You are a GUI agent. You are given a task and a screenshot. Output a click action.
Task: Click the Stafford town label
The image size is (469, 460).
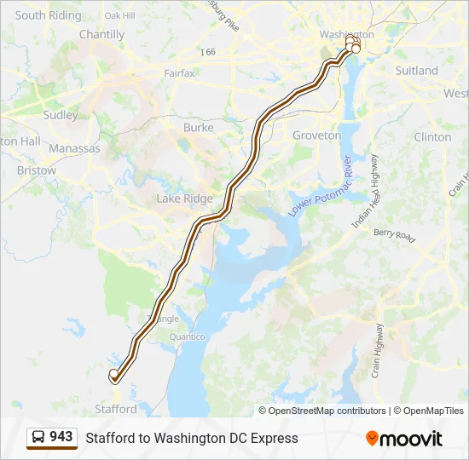click(116, 409)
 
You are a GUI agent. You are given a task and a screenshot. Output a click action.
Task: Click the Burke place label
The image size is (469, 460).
click(199, 128)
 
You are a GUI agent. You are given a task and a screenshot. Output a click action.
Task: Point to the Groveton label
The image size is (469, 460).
click(316, 135)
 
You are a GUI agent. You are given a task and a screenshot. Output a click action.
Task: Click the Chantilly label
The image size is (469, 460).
click(101, 35)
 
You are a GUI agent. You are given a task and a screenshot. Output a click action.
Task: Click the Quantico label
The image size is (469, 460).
click(187, 336)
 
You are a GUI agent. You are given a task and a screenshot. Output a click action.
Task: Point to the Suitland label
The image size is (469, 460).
click(417, 71)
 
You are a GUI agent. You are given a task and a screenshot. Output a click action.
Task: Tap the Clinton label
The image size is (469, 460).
click(432, 136)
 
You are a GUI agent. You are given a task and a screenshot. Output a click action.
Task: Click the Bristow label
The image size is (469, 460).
click(36, 170)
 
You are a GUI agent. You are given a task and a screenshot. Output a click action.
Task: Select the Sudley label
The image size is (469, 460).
click(60, 115)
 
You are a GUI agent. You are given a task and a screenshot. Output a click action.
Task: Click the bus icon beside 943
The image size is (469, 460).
click(38, 438)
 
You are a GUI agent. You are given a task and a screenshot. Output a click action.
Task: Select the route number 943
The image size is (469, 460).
click(61, 437)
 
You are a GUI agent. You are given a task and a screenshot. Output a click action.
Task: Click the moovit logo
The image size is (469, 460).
click(404, 439)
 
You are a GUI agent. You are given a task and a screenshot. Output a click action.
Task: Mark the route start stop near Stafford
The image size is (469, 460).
click(113, 374)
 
